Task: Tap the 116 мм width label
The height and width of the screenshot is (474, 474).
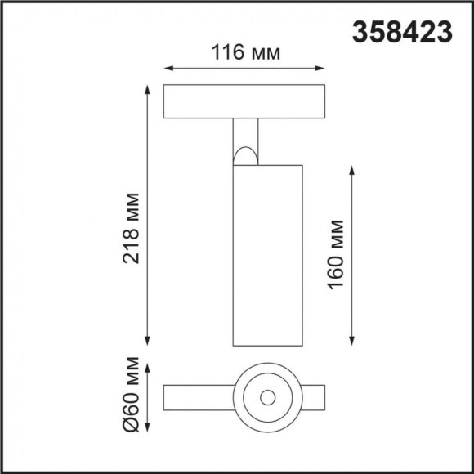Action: tap(247, 53)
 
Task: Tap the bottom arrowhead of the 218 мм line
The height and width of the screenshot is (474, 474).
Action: tap(148, 342)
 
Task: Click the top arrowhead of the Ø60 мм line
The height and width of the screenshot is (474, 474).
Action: tap(148, 364)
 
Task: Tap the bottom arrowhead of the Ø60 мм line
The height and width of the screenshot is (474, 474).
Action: tap(148, 431)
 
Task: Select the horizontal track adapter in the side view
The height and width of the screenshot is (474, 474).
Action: tap(245, 101)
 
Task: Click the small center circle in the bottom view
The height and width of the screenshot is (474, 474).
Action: tap(266, 398)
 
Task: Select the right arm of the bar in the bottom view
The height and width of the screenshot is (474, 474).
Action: tap(314, 398)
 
